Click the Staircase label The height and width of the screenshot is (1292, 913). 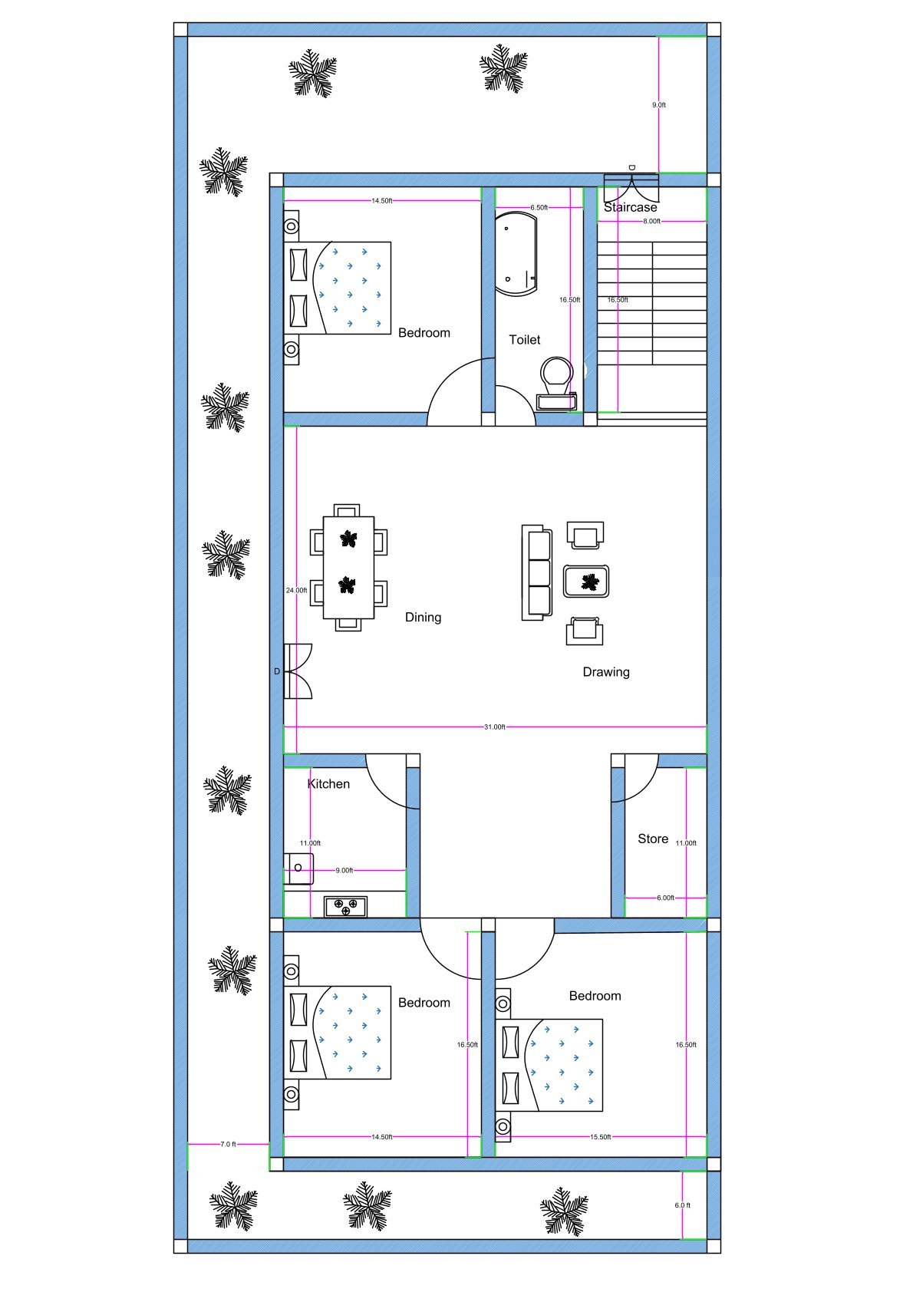[x=630, y=207]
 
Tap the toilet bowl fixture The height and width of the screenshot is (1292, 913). [x=557, y=376]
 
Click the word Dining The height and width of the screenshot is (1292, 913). [x=423, y=617]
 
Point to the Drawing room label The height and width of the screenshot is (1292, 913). [x=605, y=671]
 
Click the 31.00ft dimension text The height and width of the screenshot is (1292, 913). [x=494, y=727]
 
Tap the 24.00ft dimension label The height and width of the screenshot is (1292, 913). [x=296, y=590]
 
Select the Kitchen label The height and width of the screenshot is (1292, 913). [x=328, y=783]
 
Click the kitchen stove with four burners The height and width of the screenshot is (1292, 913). [x=345, y=907]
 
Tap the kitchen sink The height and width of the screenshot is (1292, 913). [x=300, y=868]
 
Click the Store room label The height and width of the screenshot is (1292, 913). [x=653, y=839]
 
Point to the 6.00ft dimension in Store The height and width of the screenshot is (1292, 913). [x=665, y=897]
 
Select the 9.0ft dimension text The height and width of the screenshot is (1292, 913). [x=658, y=104]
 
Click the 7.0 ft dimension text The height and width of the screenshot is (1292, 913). [x=228, y=1143]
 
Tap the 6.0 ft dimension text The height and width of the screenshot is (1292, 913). [x=682, y=1205]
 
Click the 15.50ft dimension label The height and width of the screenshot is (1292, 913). [x=600, y=1136]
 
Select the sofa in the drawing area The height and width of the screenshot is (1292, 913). [x=536, y=572]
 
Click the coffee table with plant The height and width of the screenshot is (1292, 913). [x=587, y=582]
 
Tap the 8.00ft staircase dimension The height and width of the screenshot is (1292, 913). [x=651, y=221]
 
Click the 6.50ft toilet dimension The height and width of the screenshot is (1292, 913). [x=539, y=207]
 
